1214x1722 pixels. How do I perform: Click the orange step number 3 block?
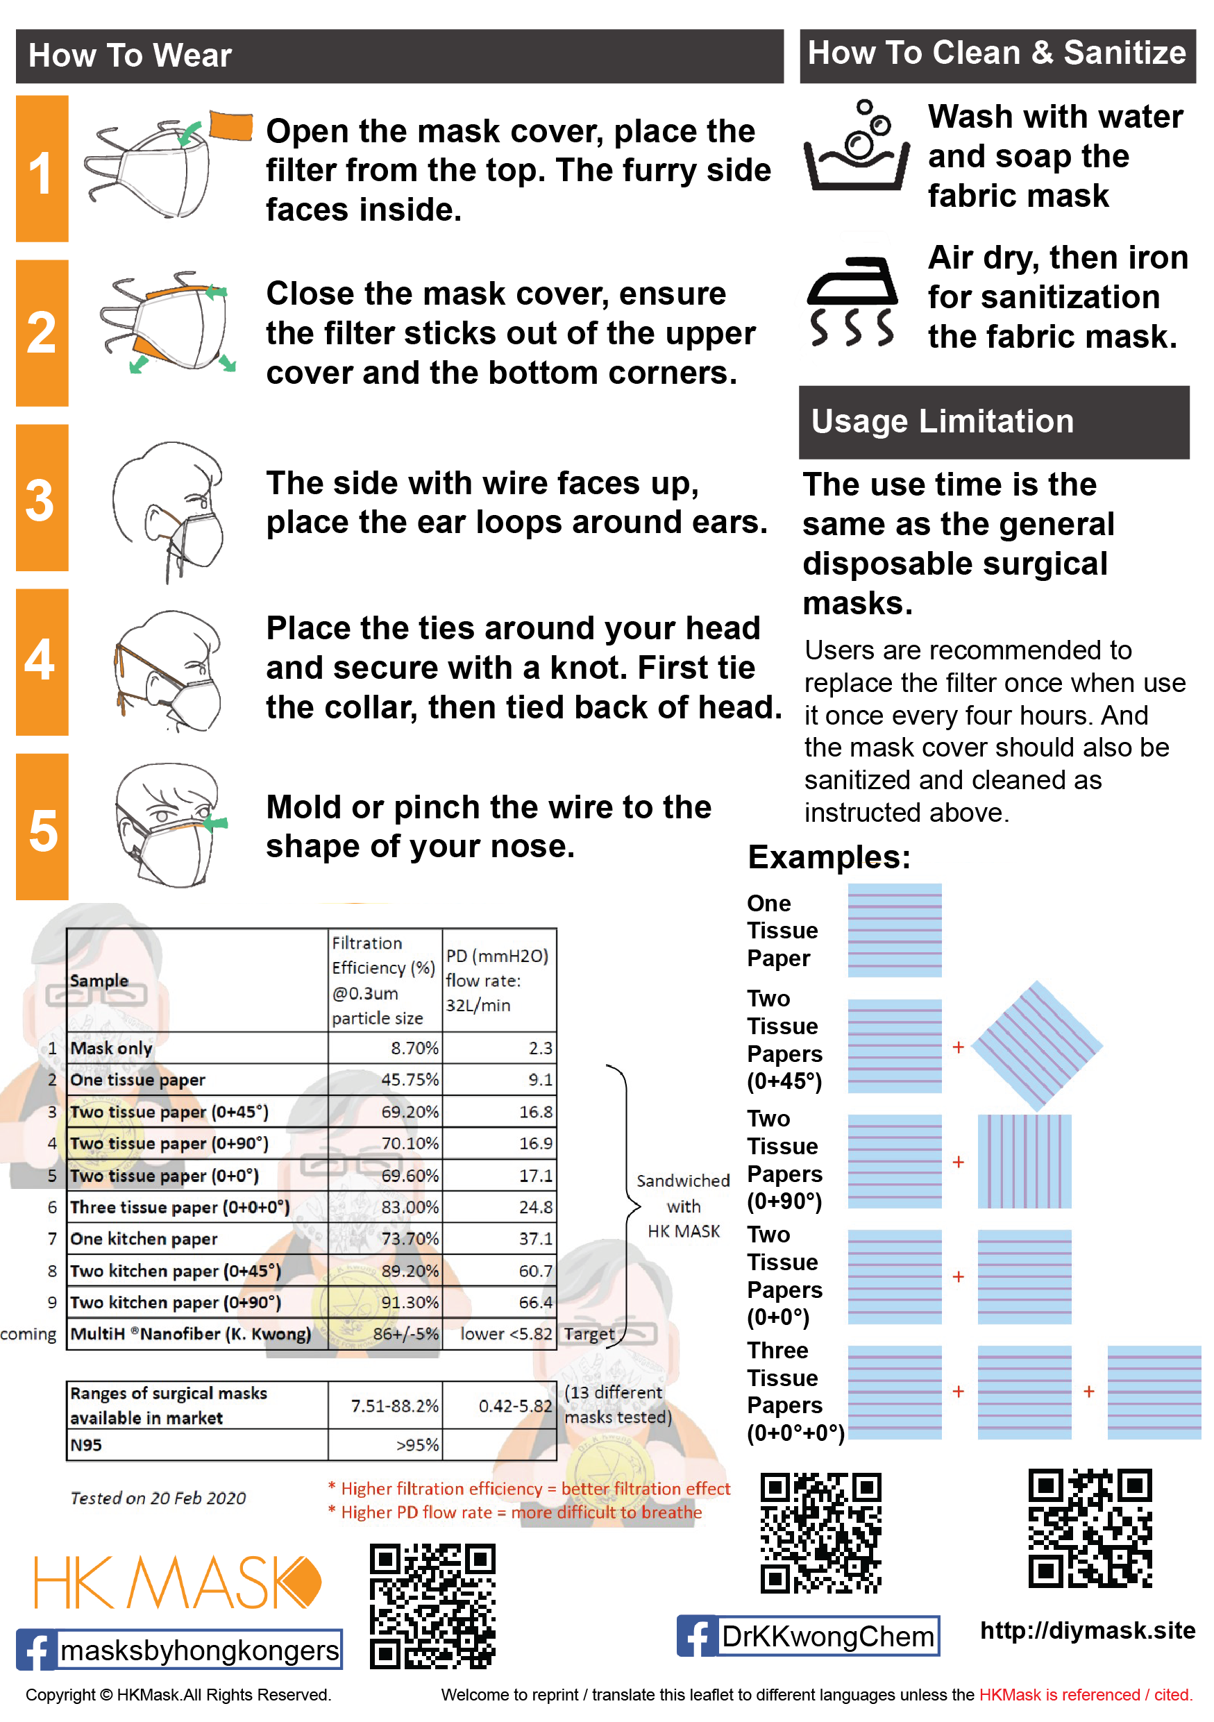pyautogui.click(x=42, y=498)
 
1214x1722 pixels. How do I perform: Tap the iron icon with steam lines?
pyautogui.click(x=852, y=301)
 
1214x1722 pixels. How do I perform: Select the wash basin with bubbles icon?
pyautogui.click(x=857, y=147)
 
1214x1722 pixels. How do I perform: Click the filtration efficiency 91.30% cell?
pyautogui.click(x=410, y=1303)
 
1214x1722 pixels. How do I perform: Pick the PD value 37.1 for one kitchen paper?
pyautogui.click(x=535, y=1239)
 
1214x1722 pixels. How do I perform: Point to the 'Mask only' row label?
pyautogui.click(x=111, y=1049)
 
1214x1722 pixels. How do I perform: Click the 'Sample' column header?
pyautogui.click(x=99, y=981)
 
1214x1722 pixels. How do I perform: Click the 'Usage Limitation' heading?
pyautogui.click(x=942, y=422)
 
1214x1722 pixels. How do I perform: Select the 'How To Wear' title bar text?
pyautogui.click(x=130, y=56)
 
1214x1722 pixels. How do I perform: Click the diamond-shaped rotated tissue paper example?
pyautogui.click(x=1037, y=1046)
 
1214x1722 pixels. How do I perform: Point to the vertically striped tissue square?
pyautogui.click(x=1025, y=1162)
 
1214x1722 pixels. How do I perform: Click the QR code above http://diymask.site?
pyautogui.click(x=1090, y=1528)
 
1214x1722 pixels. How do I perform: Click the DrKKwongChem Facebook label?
pyautogui.click(x=828, y=1637)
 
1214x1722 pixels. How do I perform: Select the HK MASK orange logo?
pyautogui.click(x=177, y=1582)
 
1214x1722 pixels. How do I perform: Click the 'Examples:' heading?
pyautogui.click(x=829, y=857)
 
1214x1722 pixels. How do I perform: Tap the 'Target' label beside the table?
pyautogui.click(x=589, y=1334)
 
